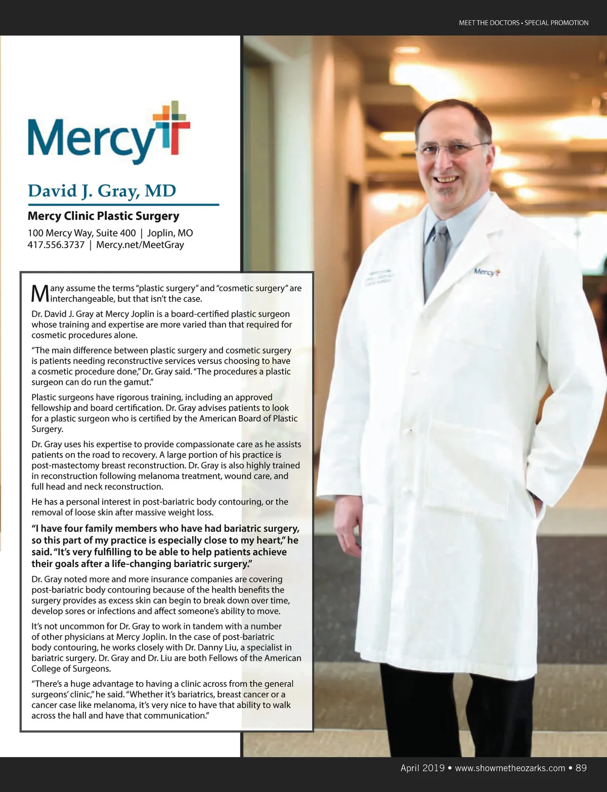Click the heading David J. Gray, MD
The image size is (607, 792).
102,191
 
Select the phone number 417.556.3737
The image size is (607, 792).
56,245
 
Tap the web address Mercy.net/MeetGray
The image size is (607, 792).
140,245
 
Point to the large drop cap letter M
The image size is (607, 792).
40,293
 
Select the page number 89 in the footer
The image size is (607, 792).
581,768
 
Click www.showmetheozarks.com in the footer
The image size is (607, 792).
510,768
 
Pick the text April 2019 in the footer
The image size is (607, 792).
422,768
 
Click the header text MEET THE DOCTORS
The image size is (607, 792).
489,23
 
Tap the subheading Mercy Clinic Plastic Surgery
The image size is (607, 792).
103,216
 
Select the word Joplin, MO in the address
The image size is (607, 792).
170,233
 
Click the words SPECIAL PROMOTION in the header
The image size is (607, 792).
556,23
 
